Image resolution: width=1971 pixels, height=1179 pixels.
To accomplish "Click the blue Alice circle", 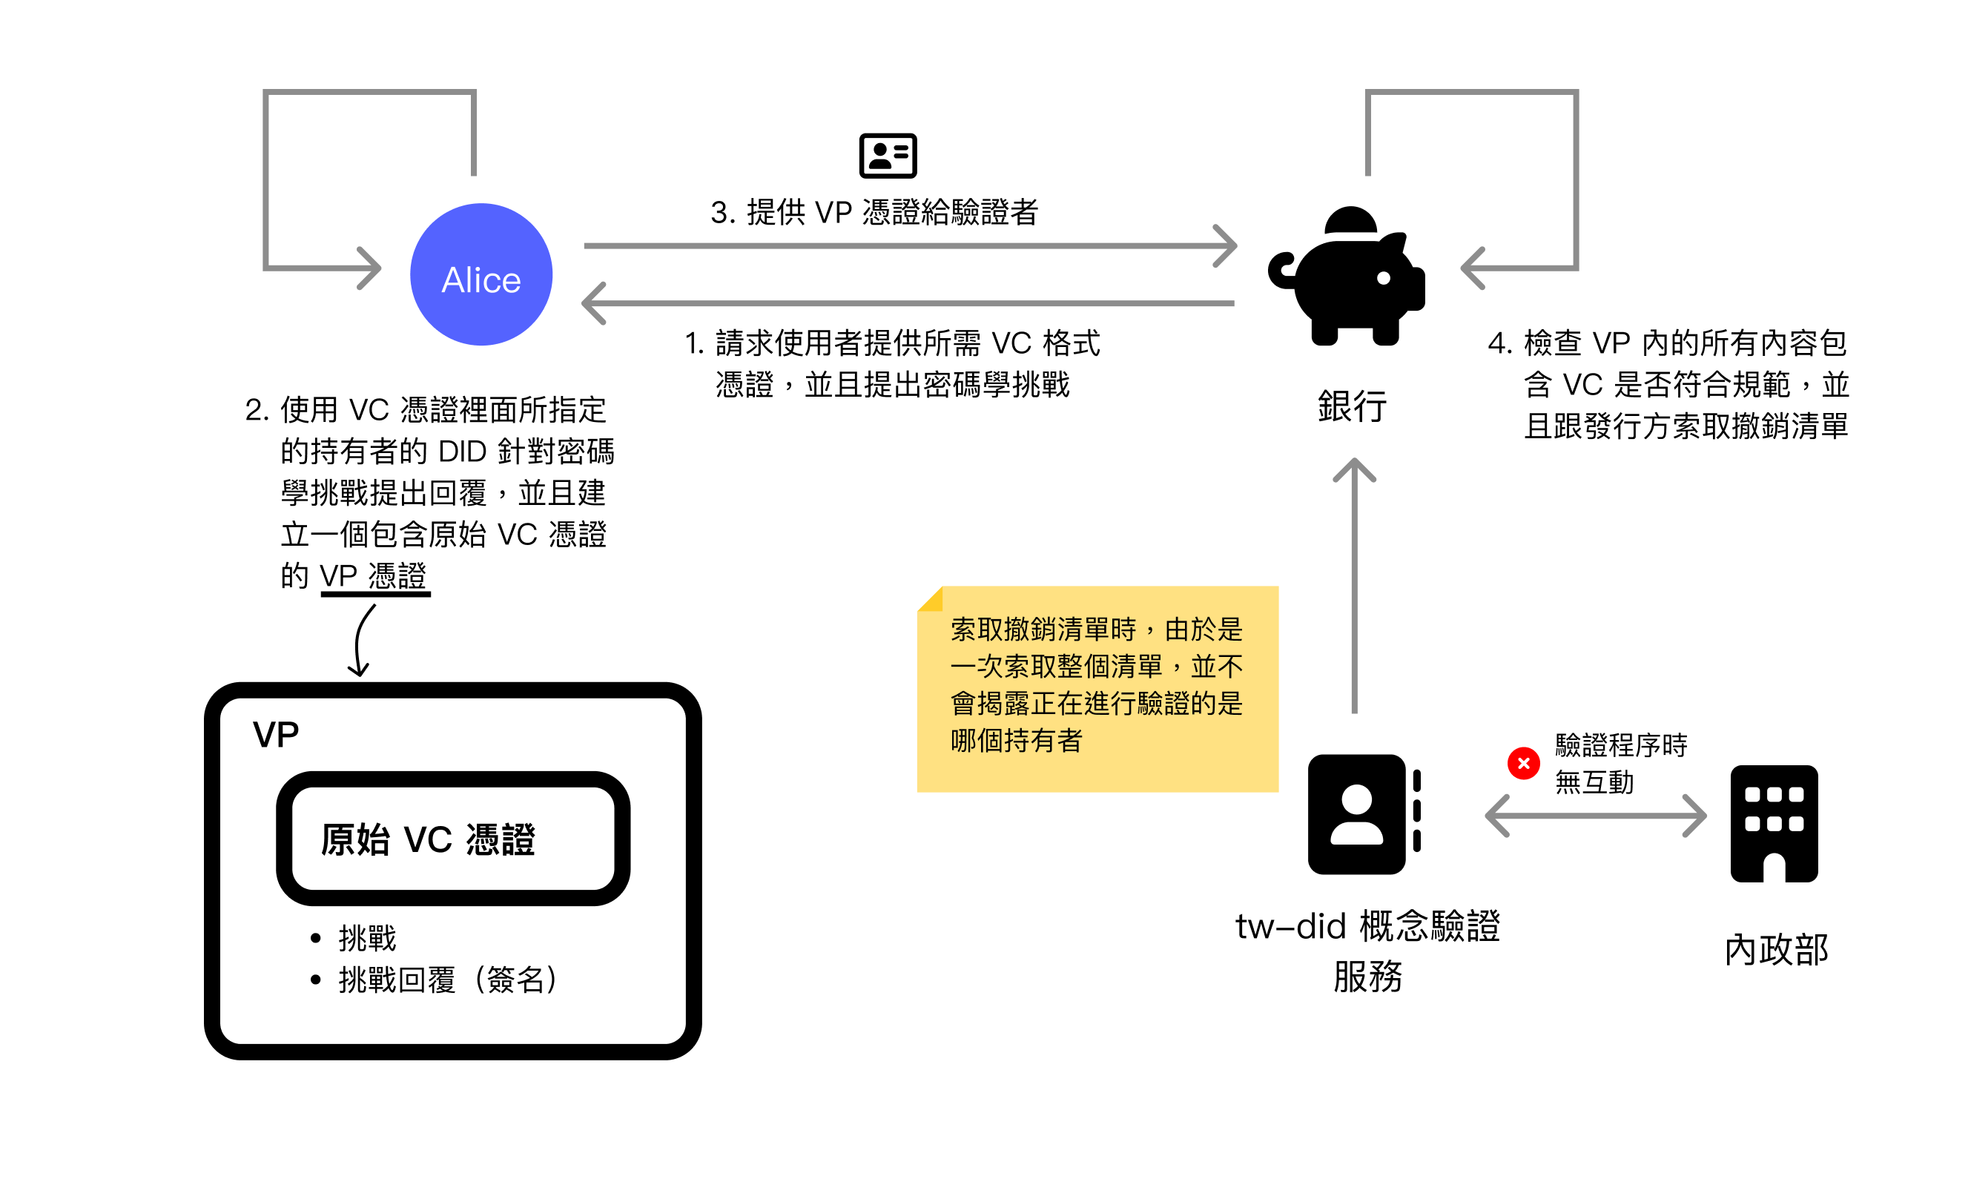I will coord(481,275).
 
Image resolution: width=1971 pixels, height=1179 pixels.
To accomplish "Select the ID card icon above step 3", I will coord(888,156).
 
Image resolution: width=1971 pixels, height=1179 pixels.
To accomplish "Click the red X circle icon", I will coord(1523,764).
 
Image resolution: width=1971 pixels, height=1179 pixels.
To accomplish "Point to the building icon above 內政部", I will coord(1773,823).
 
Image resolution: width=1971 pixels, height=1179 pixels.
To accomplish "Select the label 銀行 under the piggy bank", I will coord(1352,407).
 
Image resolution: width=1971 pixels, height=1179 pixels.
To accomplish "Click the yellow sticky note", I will coord(1097,689).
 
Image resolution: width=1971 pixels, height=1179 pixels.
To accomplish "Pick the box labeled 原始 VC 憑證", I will coord(453,839).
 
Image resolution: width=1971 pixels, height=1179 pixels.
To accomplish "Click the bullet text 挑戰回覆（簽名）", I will coord(449,980).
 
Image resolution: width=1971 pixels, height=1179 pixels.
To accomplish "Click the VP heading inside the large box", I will coord(276,735).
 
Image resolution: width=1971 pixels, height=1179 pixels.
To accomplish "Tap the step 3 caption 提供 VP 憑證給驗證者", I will coord(874,212).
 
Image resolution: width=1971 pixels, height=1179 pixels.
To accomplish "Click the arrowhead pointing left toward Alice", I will coord(594,303).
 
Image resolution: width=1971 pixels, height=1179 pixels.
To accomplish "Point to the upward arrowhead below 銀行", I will coord(1354,470).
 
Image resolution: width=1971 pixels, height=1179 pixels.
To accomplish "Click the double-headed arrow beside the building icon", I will coord(1595,816).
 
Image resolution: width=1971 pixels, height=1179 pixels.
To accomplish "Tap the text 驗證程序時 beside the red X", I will coord(1621,745).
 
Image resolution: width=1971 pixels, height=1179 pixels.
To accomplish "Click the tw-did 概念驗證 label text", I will coord(1367,926).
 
